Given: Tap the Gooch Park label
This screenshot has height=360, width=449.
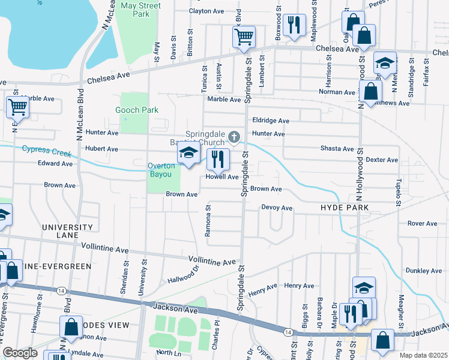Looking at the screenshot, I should pyautogui.click(x=137, y=110).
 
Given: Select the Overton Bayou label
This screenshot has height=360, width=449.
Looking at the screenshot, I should pyautogui.click(x=163, y=170).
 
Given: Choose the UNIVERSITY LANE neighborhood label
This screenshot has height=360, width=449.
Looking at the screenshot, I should pyautogui.click(x=67, y=231).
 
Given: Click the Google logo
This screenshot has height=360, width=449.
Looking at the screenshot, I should pyautogui.click(x=19, y=352).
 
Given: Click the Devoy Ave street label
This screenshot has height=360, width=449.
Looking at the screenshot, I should pyautogui.click(x=276, y=208).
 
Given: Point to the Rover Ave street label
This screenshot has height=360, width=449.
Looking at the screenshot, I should pyautogui.click(x=422, y=223).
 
